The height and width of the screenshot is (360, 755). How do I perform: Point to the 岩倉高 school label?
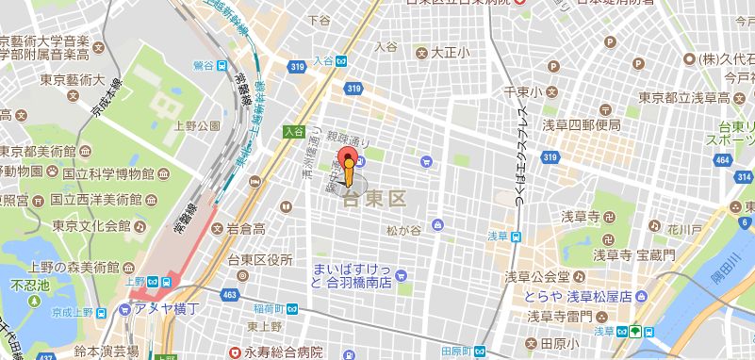pos(246,229)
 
